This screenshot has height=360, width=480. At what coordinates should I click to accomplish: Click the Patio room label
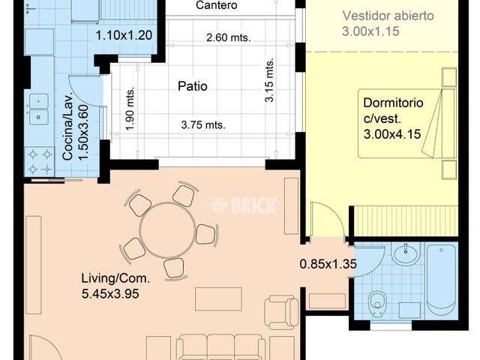[193, 86]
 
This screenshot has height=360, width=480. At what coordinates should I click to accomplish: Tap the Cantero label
[217, 5]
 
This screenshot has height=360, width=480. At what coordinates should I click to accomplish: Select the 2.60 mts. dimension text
[228, 37]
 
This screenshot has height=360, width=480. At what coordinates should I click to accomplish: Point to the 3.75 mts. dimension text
[203, 125]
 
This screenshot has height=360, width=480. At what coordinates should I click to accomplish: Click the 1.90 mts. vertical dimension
[130, 109]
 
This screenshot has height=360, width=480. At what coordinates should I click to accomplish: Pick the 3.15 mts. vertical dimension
[269, 80]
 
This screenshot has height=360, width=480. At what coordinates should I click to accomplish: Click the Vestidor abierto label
[388, 16]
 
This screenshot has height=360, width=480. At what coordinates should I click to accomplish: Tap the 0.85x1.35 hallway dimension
[328, 264]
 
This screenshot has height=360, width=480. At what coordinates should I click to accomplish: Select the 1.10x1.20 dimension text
[124, 35]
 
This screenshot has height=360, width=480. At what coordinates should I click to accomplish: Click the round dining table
[167, 230]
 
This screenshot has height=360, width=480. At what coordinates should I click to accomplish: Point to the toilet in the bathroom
[377, 303]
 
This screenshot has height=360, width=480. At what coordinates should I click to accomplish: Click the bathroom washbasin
[406, 253]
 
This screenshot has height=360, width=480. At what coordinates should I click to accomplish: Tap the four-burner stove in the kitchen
[40, 162]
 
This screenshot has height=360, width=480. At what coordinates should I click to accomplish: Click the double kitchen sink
[38, 109]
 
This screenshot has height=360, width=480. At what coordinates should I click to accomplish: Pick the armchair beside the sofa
[282, 312]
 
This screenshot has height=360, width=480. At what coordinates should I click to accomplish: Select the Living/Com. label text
[115, 278]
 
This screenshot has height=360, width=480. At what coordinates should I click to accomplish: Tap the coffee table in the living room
[218, 298]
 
